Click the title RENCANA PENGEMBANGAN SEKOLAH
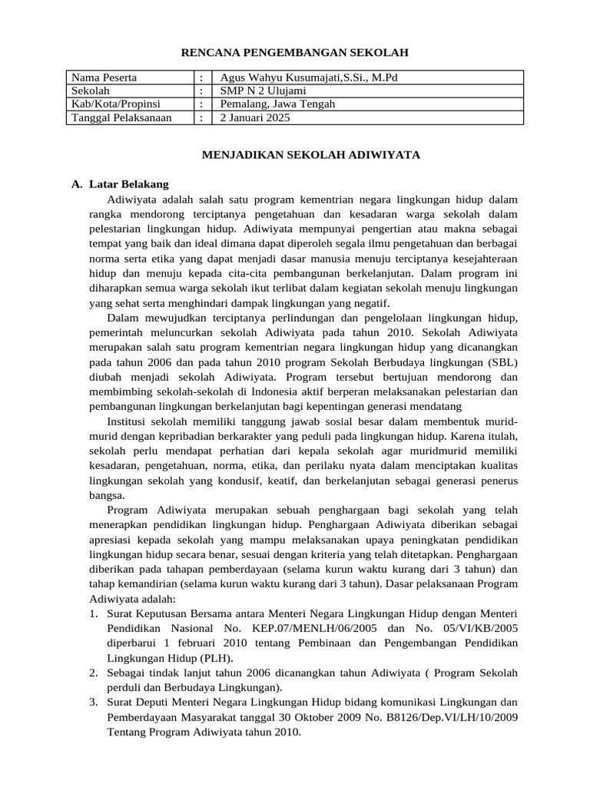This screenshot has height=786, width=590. click(294, 52)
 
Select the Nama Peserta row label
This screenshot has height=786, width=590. click(104, 78)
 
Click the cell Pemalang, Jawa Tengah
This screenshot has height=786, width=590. click(277, 104)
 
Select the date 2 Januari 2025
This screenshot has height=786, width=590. click(254, 117)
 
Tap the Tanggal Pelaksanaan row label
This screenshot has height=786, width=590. click(121, 117)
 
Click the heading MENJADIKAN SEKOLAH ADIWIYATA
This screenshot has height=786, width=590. click(310, 154)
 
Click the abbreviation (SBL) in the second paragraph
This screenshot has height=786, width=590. click(500, 362)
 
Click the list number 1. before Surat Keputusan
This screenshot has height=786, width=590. click(92, 614)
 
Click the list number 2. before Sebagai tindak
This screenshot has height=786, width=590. click(92, 672)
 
